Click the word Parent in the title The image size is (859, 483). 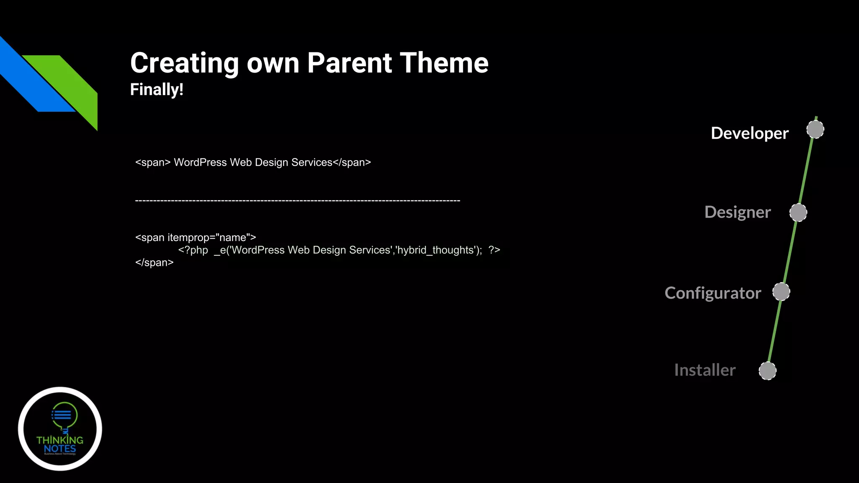349,63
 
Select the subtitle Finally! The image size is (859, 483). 156,90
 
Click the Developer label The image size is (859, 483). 750,133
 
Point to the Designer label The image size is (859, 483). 737,212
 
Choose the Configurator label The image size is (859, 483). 713,293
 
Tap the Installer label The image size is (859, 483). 705,370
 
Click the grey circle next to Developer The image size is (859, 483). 815,130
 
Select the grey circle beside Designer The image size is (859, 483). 798,213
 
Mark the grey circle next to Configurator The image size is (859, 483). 781,292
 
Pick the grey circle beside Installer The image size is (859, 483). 768,371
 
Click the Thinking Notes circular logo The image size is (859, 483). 60,428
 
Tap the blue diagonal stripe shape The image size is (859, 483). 34,80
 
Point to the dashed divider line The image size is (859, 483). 297,201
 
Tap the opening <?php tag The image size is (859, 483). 193,250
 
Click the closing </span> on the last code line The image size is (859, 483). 154,263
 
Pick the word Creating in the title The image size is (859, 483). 185,63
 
